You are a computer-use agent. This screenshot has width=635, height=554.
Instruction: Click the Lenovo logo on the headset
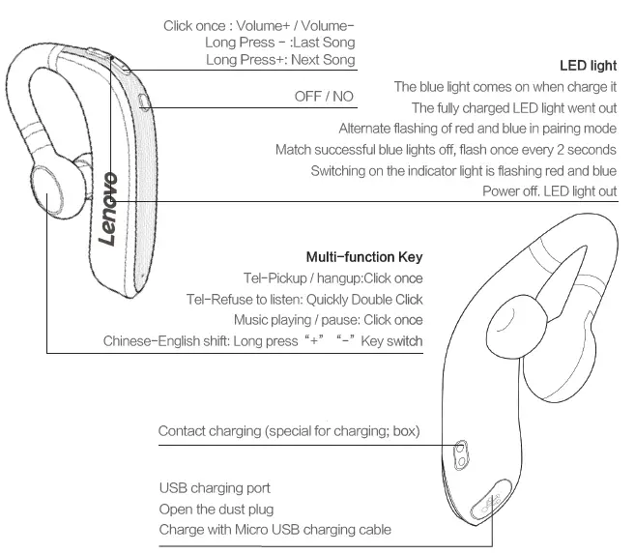pyautogui.click(x=109, y=209)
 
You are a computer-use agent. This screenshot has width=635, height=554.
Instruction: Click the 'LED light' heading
pyautogui.click(x=588, y=67)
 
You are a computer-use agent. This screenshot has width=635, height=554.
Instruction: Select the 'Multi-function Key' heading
pyautogui.click(x=363, y=257)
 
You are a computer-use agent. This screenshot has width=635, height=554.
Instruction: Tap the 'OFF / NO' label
pyautogui.click(x=324, y=98)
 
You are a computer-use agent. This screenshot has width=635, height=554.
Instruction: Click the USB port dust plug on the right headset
pyautogui.click(x=486, y=502)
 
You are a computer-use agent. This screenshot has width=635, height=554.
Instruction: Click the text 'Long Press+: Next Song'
pyautogui.click(x=280, y=60)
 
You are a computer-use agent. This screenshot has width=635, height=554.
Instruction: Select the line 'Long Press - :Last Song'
pyautogui.click(x=279, y=43)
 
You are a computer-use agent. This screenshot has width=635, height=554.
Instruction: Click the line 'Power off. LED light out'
pyautogui.click(x=549, y=191)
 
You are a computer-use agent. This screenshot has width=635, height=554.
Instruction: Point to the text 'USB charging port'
pyautogui.click(x=215, y=488)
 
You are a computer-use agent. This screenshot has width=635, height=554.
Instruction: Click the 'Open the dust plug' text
pyautogui.click(x=216, y=509)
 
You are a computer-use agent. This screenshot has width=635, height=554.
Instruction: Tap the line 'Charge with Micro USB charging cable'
pyautogui.click(x=274, y=529)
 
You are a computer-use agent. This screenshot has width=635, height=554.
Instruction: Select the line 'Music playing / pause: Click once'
pyautogui.click(x=328, y=320)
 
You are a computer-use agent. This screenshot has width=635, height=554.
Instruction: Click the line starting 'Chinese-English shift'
pyautogui.click(x=262, y=341)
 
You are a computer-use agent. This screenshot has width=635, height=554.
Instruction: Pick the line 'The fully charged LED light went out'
pyautogui.click(x=513, y=107)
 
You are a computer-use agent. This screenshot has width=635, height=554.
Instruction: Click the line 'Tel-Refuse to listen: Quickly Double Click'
pyautogui.click(x=304, y=299)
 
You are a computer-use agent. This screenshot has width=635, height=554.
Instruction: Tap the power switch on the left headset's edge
pyautogui.click(x=144, y=101)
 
